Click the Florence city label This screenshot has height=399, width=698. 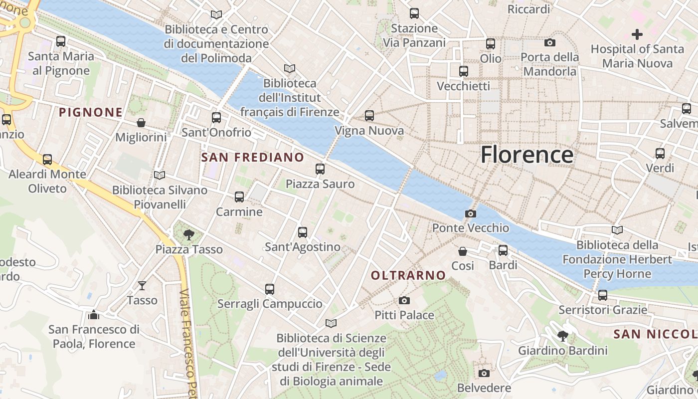tap(527, 155)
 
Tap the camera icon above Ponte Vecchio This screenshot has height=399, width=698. tap(470, 214)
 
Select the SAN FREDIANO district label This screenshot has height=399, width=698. tap(252, 158)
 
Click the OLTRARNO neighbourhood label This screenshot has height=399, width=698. tap(408, 275)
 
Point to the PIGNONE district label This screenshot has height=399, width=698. tap(91, 112)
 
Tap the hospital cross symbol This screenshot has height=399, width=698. tap(637, 34)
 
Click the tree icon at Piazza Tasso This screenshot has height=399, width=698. tap(188, 234)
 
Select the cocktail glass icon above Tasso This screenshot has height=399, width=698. tap(142, 286)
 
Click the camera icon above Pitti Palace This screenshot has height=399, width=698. tap(404, 300)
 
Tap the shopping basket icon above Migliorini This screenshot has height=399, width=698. tap(141, 123)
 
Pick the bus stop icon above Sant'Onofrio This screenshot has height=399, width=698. tap(216, 118)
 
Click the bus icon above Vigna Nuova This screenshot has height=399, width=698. tap(369, 116)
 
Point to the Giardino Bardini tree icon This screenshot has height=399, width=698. tap(563, 336)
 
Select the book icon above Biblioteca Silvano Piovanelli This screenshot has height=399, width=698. tap(160, 175)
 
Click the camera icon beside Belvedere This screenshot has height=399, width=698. tap(484, 373)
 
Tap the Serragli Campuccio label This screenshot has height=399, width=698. tap(270, 304)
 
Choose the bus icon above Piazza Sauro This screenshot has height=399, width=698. tap(320, 169)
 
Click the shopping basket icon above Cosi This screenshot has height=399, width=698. tap(463, 251)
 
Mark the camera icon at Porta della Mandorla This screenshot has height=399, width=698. tap(550, 42)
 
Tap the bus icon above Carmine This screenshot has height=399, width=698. tap(239, 197)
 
